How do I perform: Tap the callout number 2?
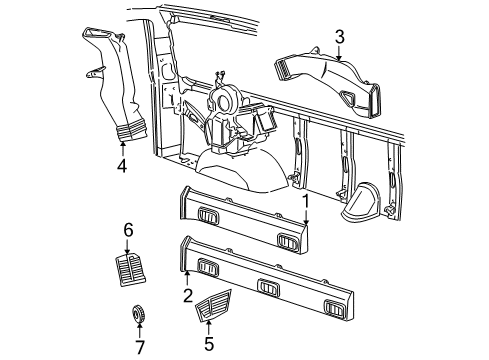point(187,295)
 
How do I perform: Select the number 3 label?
point(340,38)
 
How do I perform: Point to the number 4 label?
point(121,166)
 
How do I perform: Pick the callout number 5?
point(208,341)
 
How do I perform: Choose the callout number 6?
point(127,231)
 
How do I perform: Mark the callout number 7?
point(139,347)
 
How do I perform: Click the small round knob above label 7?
point(139,315)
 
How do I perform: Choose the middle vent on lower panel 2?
point(269,286)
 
